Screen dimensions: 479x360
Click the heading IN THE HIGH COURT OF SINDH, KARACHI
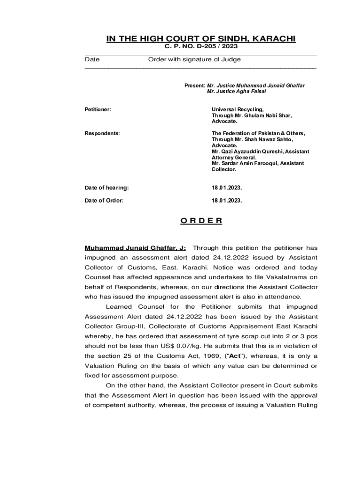(x=201, y=39)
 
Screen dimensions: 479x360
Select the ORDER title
(x=201, y=221)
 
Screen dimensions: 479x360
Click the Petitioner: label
(x=98, y=109)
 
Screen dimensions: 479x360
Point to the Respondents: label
(x=102, y=133)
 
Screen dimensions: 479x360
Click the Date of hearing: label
(x=107, y=188)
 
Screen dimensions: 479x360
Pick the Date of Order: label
(x=104, y=200)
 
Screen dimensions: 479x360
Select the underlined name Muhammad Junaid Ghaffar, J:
(x=135, y=248)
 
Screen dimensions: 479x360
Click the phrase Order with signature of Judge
(x=194, y=59)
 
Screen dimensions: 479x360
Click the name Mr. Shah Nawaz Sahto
(x=252, y=139)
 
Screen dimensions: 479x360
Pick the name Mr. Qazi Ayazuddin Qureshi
(x=247, y=152)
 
